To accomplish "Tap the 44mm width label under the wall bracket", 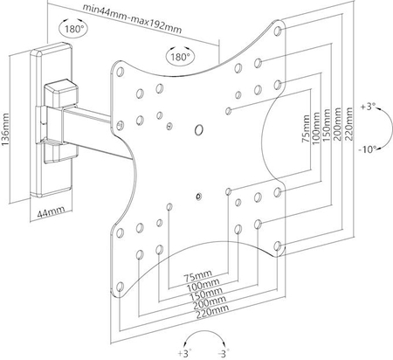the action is (x=51, y=212).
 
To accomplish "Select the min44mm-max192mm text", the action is (x=133, y=18).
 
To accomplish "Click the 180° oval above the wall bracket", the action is (x=73, y=28).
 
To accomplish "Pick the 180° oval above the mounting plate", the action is (x=180, y=55).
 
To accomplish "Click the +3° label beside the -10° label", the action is (x=369, y=107).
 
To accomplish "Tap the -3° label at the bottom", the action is (x=224, y=354).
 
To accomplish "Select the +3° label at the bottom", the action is (x=184, y=354).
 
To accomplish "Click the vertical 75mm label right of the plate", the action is (x=307, y=128).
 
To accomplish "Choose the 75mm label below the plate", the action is (x=198, y=275).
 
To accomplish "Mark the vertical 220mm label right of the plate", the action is (x=348, y=124).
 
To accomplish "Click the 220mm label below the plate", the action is (x=212, y=312).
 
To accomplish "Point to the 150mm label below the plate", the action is (x=206, y=294).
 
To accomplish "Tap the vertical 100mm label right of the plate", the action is (x=316, y=128).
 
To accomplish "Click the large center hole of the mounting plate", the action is (x=199, y=130).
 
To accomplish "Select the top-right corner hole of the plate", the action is (x=278, y=31).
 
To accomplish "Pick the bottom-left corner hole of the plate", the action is (x=120, y=287).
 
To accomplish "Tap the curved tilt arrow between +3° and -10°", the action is (x=390, y=128).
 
